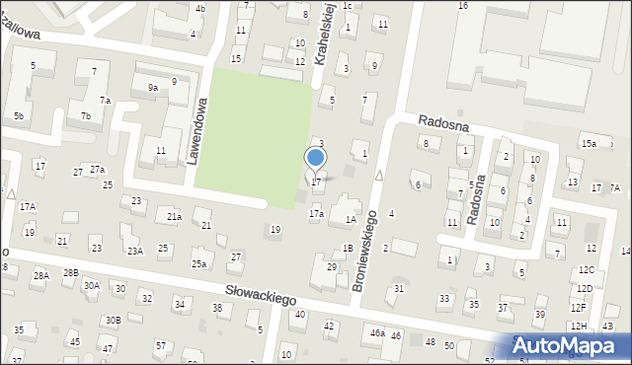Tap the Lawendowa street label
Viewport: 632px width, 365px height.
coord(199,129)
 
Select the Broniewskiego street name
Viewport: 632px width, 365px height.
coord(365,249)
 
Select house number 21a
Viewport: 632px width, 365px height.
coord(174,216)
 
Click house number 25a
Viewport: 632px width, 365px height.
coord(198,263)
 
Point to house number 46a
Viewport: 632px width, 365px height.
coord(377,333)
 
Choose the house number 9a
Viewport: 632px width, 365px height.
coord(153,88)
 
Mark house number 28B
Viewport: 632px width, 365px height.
coord(70,272)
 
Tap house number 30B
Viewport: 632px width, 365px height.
coord(114,320)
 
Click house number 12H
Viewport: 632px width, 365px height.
coord(578,326)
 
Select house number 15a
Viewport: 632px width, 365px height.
coord(589,144)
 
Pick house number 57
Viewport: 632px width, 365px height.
coord(160,345)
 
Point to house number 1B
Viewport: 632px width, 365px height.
coord(347,248)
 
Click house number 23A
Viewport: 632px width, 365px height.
coord(134,251)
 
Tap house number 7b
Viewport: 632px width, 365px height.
coord(87,116)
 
